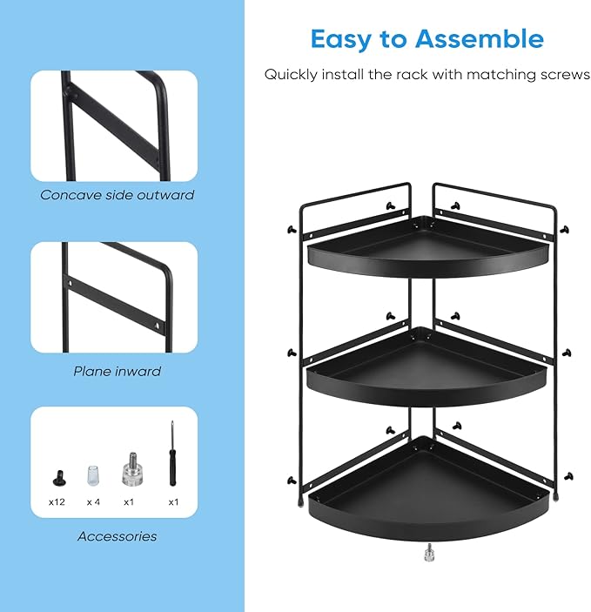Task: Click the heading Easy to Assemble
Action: (426, 39)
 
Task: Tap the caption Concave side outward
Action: (117, 195)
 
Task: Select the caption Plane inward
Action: (117, 371)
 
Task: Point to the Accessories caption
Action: (117, 536)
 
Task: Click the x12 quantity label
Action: (57, 502)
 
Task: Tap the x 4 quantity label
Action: (93, 502)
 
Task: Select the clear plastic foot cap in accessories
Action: (93, 475)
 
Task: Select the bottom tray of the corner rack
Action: (428, 488)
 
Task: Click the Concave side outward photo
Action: (114, 125)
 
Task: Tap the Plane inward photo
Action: (114, 297)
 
